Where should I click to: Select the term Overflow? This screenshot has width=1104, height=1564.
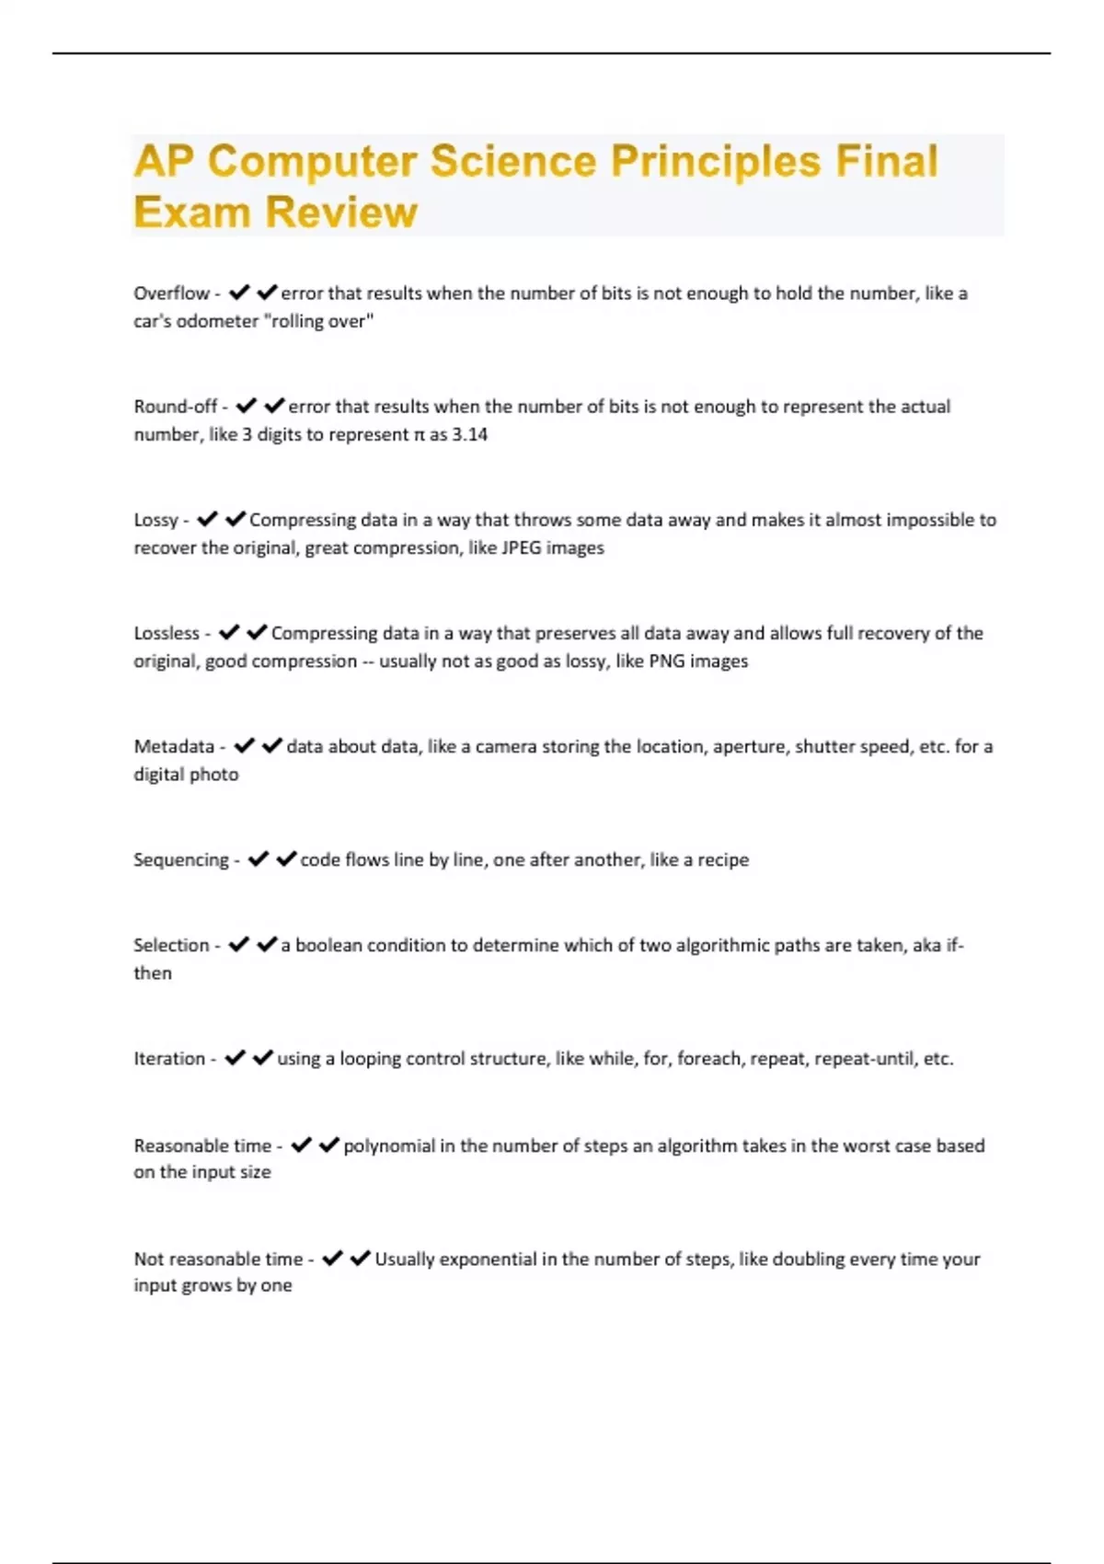click(x=171, y=293)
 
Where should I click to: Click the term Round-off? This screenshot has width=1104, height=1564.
click(x=176, y=407)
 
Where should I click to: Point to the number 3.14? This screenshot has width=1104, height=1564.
click(x=469, y=434)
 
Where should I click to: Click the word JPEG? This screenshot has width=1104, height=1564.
click(x=521, y=547)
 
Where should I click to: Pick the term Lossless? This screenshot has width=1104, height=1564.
click(x=167, y=633)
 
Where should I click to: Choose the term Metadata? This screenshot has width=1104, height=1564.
click(x=174, y=746)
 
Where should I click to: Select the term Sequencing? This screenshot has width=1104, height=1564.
click(x=181, y=859)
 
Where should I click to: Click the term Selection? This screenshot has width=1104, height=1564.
click(x=171, y=945)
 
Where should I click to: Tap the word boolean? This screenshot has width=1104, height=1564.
click(x=328, y=945)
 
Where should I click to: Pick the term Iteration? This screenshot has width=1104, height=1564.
click(x=169, y=1058)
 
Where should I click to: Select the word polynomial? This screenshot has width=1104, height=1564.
click(x=389, y=1145)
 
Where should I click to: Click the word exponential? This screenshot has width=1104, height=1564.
click(x=488, y=1259)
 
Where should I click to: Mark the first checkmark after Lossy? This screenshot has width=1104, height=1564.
click(x=207, y=519)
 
